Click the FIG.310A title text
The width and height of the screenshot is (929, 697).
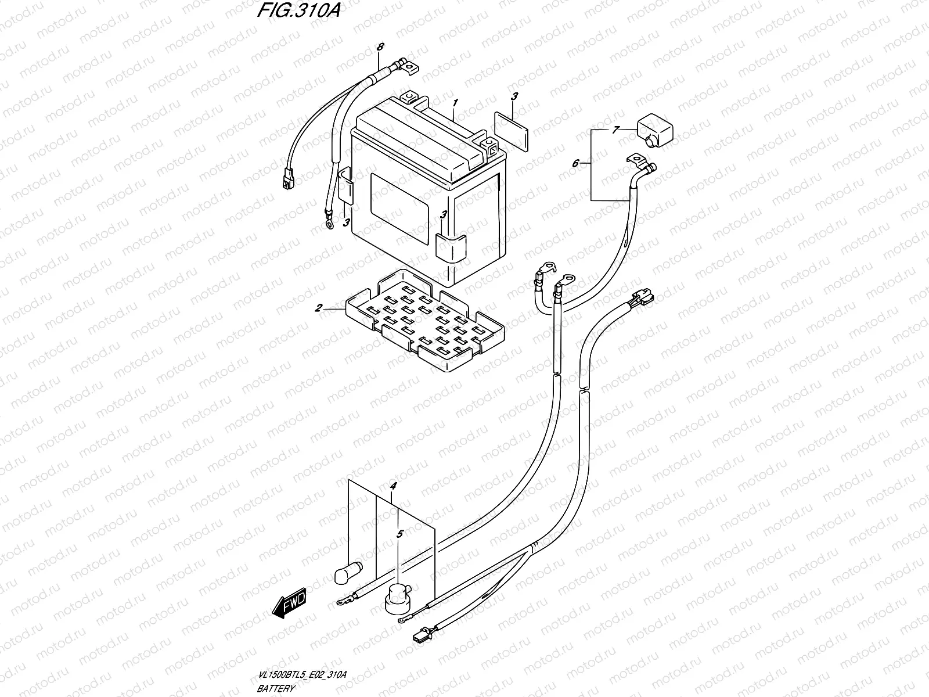[x=296, y=13]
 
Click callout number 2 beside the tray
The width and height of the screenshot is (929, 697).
[x=318, y=308]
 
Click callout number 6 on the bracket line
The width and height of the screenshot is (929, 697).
[x=575, y=164]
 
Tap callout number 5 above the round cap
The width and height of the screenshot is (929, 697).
[x=399, y=533]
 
